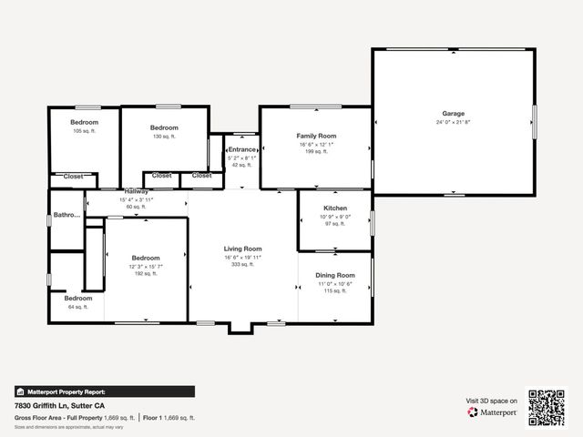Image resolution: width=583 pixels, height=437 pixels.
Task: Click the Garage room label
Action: point(454,114)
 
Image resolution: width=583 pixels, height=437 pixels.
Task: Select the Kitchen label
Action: point(335,208)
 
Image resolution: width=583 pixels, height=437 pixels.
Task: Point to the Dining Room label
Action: point(335,275)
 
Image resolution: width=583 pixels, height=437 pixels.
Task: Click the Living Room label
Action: point(243,249)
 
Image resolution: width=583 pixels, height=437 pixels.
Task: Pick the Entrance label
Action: point(242,149)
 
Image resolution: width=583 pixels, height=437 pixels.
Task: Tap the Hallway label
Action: point(136,192)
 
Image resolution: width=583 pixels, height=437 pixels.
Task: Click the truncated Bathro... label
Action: point(66,216)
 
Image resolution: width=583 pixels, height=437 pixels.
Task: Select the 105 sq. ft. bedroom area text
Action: point(84,131)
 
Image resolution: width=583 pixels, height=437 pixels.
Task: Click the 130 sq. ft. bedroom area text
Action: point(164,137)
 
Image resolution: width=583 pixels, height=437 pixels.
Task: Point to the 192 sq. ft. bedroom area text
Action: point(146,273)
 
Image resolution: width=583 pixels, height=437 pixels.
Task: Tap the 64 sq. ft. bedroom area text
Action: point(77,307)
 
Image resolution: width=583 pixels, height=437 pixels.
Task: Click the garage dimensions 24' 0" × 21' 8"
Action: point(454,122)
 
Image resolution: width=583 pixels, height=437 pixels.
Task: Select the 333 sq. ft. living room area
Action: point(243,265)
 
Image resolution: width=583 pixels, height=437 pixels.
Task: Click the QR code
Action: point(547,407)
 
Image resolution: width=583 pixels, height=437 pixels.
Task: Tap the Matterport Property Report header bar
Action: point(104,391)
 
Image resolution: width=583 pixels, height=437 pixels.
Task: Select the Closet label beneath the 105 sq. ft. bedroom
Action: point(73,176)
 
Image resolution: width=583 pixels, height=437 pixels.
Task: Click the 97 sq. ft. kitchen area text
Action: point(335,224)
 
